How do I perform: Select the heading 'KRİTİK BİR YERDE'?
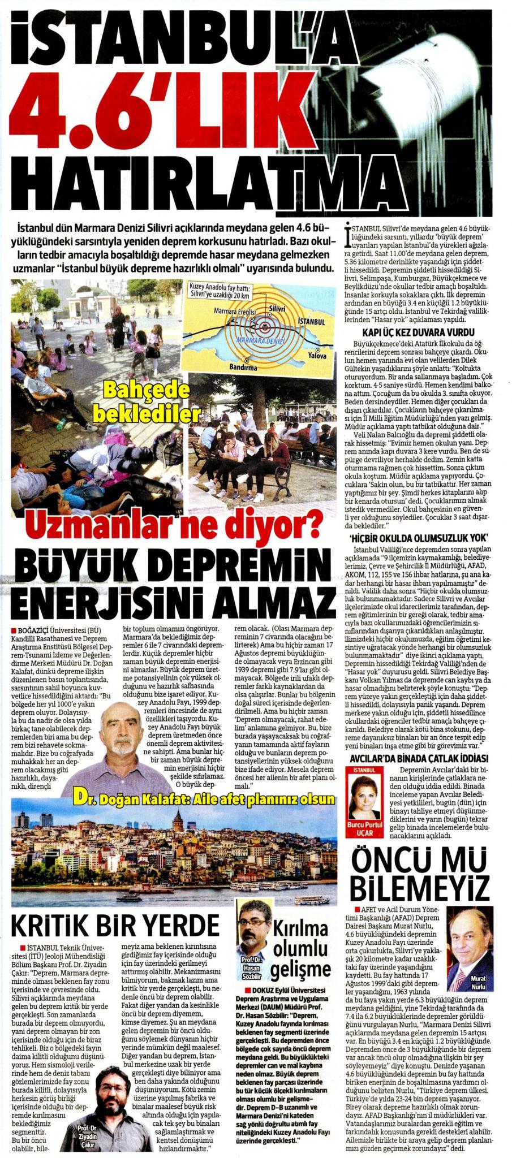click(115, 926)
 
